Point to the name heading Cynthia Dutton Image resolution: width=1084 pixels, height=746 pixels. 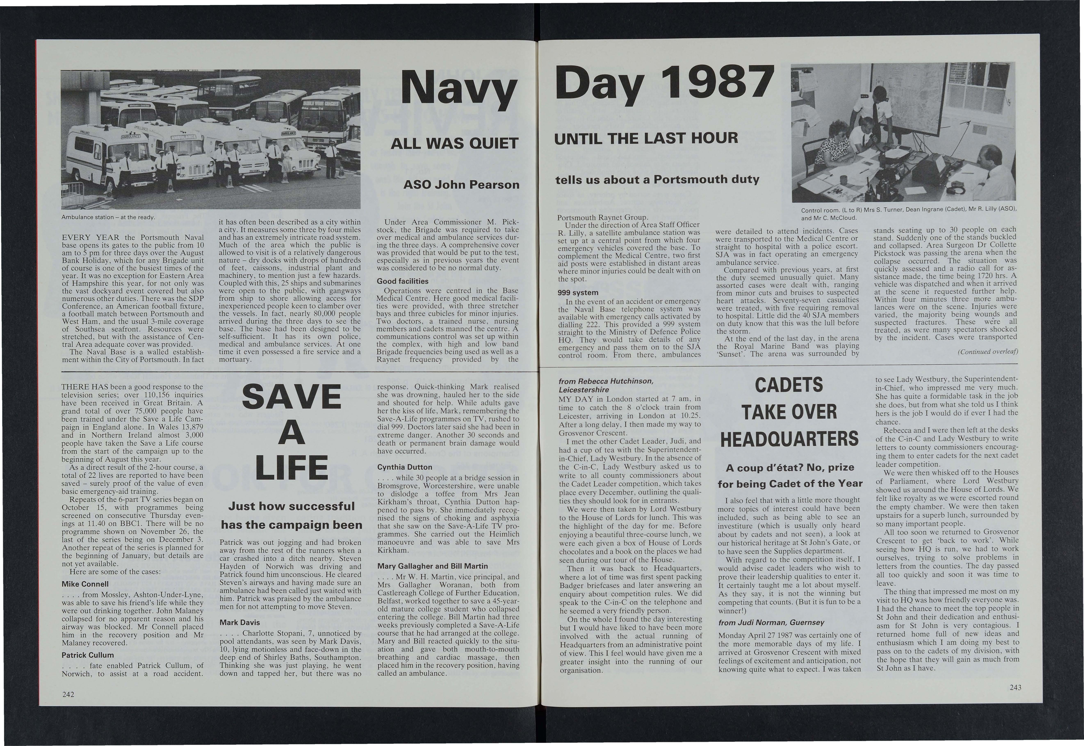coord(405,467)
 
